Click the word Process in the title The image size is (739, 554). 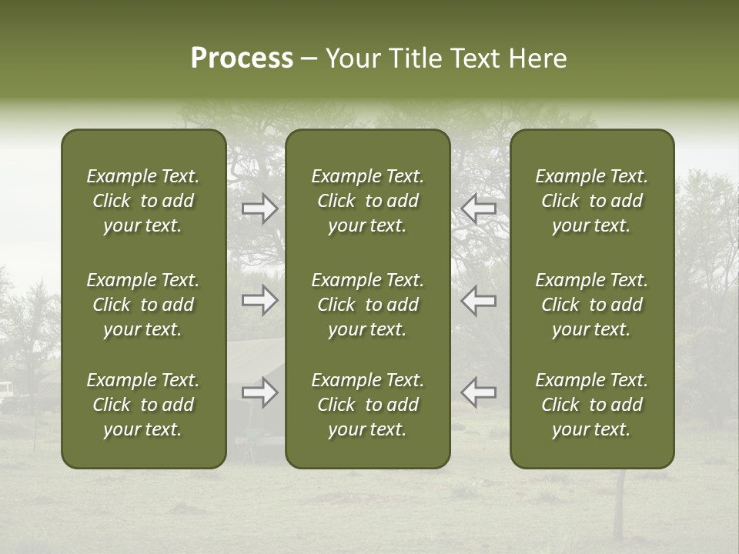(242, 58)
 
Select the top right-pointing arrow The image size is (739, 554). (260, 208)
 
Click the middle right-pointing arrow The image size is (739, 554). (260, 300)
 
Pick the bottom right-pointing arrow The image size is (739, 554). (260, 392)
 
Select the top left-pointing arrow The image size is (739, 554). (478, 208)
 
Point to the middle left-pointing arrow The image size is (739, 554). (478, 300)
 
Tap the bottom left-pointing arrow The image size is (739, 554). (478, 392)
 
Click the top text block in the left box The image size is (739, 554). (143, 201)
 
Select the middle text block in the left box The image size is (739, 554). (143, 305)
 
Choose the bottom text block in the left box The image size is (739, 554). (143, 405)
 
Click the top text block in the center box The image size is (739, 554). (368, 201)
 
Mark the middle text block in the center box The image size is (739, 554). (368, 305)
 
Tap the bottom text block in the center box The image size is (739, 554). (368, 405)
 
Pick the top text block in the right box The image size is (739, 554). (592, 201)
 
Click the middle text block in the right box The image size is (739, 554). (592, 305)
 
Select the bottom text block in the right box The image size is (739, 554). (592, 405)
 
